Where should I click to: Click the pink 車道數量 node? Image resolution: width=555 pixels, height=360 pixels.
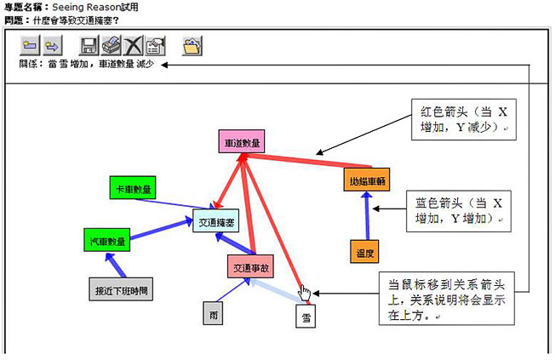point(243,142)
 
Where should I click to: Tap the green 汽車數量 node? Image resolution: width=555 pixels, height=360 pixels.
point(106,241)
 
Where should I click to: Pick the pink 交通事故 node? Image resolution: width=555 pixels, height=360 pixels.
point(251,267)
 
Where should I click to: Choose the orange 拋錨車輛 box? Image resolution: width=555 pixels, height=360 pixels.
point(366,180)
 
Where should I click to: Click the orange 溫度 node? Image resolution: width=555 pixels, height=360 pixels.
point(365,252)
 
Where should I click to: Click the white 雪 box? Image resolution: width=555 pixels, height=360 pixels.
point(307,317)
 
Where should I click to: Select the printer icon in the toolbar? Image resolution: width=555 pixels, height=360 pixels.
point(112,46)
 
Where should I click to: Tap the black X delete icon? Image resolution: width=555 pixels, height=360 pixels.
point(134,46)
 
